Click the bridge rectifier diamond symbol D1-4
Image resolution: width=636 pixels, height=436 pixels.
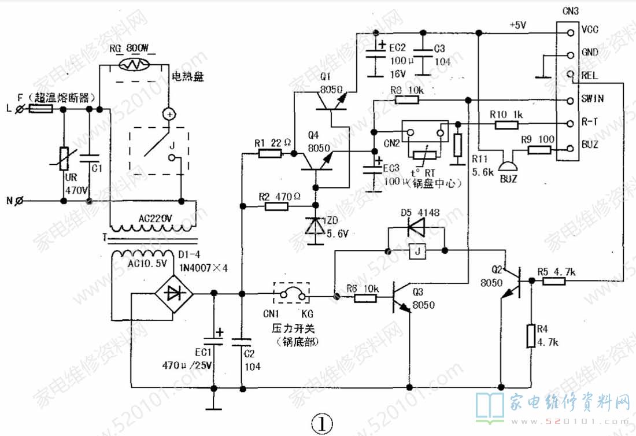(x=173, y=293)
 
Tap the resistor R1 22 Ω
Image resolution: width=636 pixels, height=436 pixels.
(x=270, y=153)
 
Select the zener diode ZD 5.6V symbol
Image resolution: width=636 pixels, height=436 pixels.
(x=315, y=225)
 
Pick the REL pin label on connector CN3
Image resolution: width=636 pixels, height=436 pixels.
(x=590, y=75)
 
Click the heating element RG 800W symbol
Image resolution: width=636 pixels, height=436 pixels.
(x=134, y=65)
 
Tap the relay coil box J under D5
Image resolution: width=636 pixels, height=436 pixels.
(x=417, y=251)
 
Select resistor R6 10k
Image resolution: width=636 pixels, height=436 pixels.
(x=366, y=298)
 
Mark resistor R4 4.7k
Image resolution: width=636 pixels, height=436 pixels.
(x=531, y=336)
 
